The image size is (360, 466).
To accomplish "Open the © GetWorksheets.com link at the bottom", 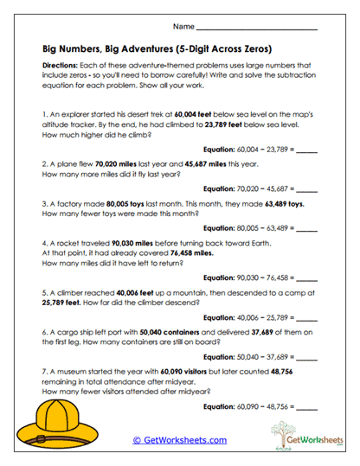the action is pyautogui.click(x=180, y=440).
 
